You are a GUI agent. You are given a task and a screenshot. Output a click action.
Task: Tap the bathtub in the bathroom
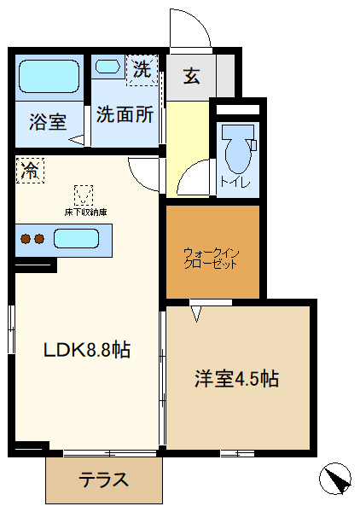click(49, 77)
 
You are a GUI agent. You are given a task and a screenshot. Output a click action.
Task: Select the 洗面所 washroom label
click(125, 113)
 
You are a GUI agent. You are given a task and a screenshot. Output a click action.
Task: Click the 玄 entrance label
click(191, 76)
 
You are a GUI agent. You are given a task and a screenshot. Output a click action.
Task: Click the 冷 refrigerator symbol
click(30, 170)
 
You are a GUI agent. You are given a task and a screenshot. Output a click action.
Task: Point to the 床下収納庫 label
click(84, 212)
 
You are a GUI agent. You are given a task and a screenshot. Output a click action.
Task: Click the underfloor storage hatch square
click(84, 194)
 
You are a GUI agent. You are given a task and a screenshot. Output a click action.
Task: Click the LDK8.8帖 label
click(87, 350)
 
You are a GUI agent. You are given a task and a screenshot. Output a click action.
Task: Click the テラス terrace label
click(103, 480)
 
